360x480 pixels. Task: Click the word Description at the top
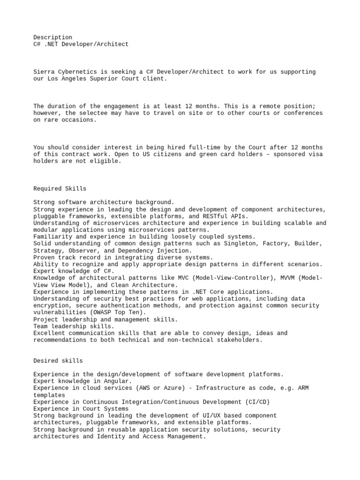click(x=53, y=37)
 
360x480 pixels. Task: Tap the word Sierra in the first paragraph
click(x=44, y=72)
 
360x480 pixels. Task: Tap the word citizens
click(x=162, y=154)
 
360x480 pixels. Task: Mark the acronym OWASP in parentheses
click(x=99, y=313)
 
